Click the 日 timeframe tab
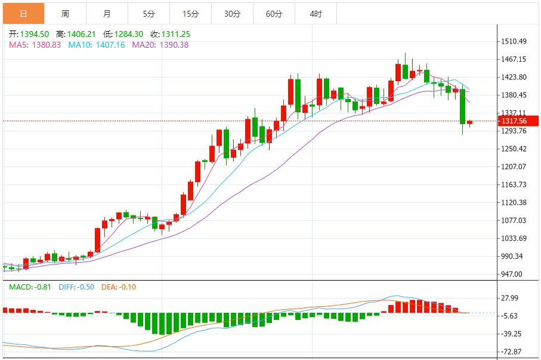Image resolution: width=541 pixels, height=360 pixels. click(23, 13)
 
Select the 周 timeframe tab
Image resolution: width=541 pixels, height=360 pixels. click(65, 13)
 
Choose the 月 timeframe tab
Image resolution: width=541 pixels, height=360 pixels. click(107, 13)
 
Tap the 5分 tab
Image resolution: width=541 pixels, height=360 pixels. click(149, 13)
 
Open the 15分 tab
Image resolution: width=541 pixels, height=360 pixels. click(190, 13)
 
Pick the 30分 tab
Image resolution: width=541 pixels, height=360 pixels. click(232, 13)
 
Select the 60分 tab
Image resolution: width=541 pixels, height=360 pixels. click(274, 13)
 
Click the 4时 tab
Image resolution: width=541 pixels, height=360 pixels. click(316, 13)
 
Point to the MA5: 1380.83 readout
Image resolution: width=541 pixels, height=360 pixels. click(35, 45)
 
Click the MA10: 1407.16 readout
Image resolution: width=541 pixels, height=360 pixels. click(96, 45)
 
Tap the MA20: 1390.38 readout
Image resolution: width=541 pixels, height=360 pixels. click(160, 45)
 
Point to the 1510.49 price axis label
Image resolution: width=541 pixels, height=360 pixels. click(514, 41)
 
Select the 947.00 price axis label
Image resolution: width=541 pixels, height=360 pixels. click(511, 274)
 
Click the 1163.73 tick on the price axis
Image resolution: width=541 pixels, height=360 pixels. click(514, 184)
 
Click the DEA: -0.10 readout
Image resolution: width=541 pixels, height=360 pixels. click(118, 287)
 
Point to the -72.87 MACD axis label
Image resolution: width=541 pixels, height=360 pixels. click(511, 352)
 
